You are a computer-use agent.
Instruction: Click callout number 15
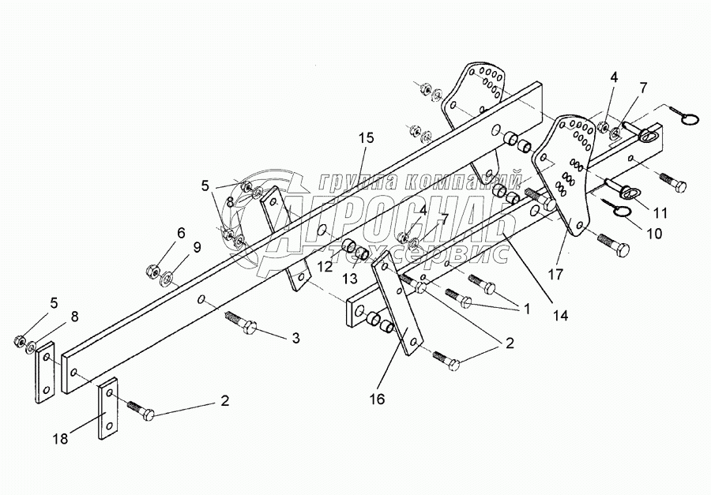point(364,137)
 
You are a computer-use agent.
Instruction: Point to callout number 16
point(377,399)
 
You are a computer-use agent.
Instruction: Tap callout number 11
point(660,212)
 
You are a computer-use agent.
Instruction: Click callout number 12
point(326,267)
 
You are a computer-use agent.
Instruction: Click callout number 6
point(181,233)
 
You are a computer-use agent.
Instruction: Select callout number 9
point(196,246)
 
